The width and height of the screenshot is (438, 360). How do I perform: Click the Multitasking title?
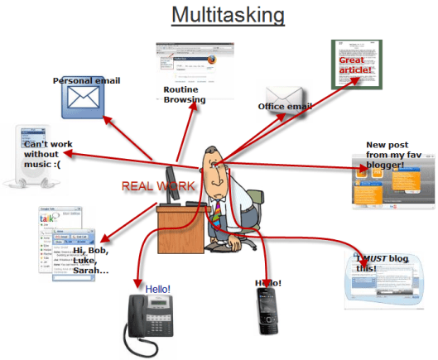click(228, 15)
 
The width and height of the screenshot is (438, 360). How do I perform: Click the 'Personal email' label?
click(86, 80)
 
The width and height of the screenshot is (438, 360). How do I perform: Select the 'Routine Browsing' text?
click(184, 94)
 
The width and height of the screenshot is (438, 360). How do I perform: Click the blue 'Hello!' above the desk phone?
click(157, 289)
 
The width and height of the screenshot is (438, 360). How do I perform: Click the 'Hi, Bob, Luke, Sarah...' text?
click(96, 260)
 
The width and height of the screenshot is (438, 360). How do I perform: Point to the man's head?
click(218, 161)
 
